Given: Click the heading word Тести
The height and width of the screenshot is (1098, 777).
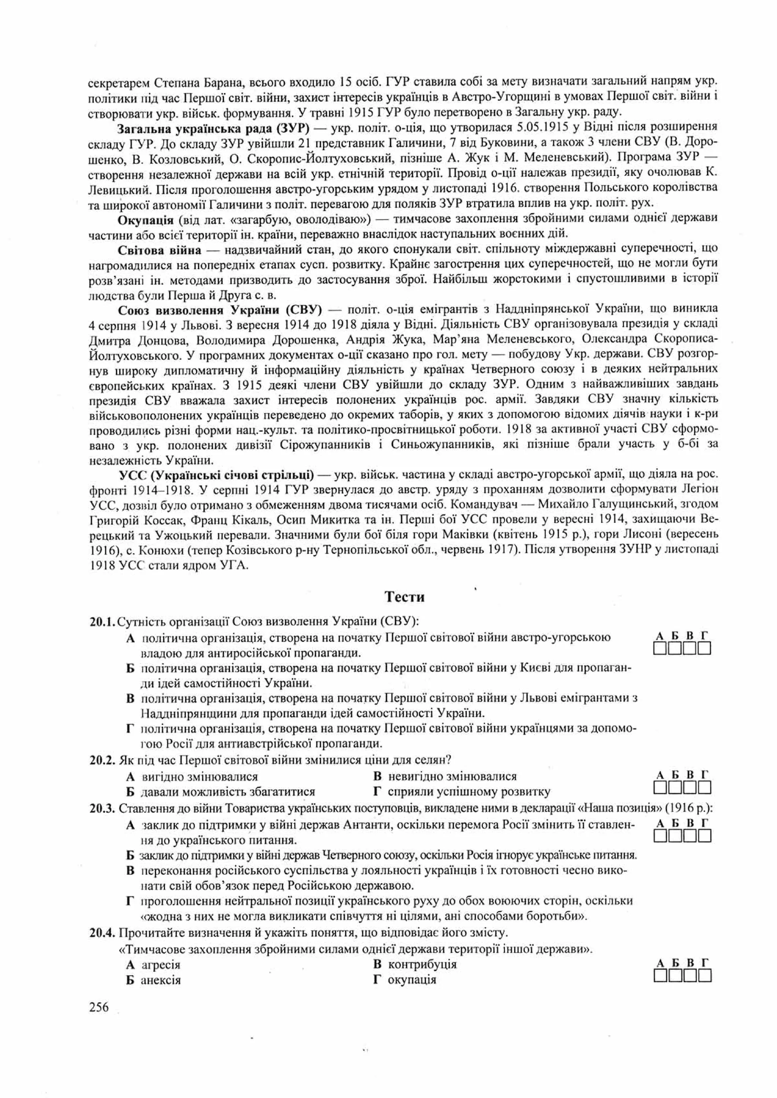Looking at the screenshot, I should (404, 597).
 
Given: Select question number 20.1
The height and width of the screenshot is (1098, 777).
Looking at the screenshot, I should (102, 622).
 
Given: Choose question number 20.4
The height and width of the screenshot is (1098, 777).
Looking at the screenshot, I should (102, 933).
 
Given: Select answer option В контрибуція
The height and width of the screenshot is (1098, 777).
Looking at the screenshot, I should (416, 964).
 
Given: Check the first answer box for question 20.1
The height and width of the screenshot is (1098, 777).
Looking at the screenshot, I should (660, 649).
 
